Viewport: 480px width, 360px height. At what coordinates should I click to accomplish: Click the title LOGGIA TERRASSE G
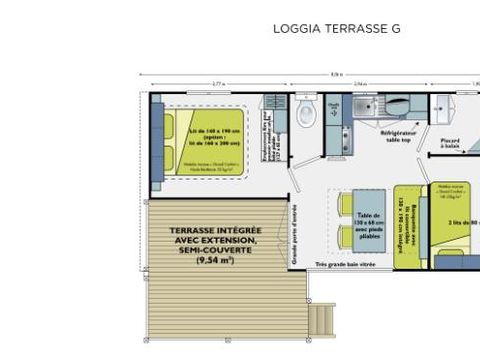[336, 29]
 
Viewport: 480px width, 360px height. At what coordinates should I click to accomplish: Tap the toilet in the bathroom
[306, 114]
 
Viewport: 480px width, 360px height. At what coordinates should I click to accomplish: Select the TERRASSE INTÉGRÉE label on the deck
[211, 230]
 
